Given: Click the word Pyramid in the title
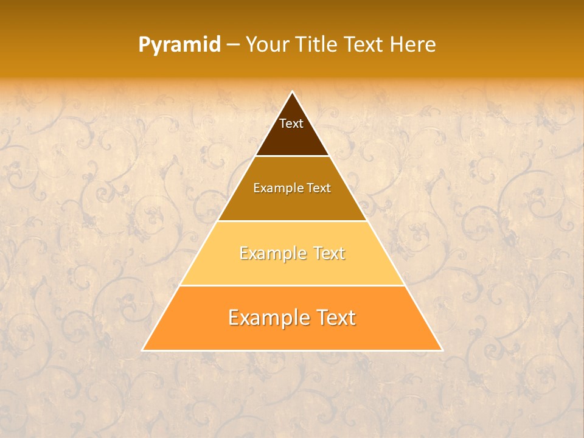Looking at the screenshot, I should tap(179, 45).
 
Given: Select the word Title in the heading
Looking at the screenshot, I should tap(317, 44).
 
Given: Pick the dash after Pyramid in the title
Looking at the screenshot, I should tap(233, 45).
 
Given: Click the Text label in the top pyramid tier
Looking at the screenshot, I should tap(291, 123).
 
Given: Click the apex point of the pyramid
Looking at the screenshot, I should tap(292, 92).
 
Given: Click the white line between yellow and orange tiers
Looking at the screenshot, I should tap(292, 285).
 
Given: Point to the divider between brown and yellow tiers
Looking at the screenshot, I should tap(292, 221).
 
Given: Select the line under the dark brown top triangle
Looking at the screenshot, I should tap(292, 156).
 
